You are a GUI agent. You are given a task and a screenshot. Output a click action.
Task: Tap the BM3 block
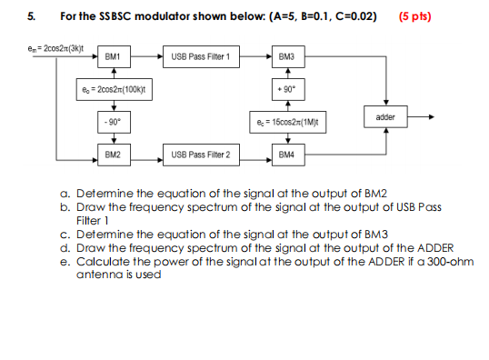(x=286, y=57)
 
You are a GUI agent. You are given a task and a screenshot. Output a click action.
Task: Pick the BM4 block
(x=286, y=155)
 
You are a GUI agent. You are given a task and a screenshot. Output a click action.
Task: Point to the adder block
(x=385, y=117)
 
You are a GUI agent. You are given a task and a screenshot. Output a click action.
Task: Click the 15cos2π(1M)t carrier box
(x=286, y=121)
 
